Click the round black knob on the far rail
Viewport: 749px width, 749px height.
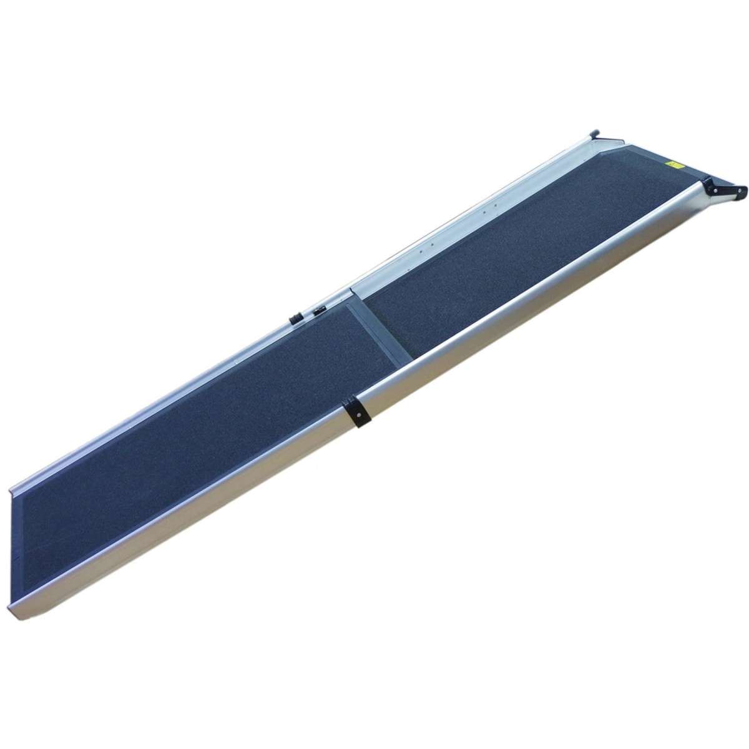pyautogui.click(x=294, y=318)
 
